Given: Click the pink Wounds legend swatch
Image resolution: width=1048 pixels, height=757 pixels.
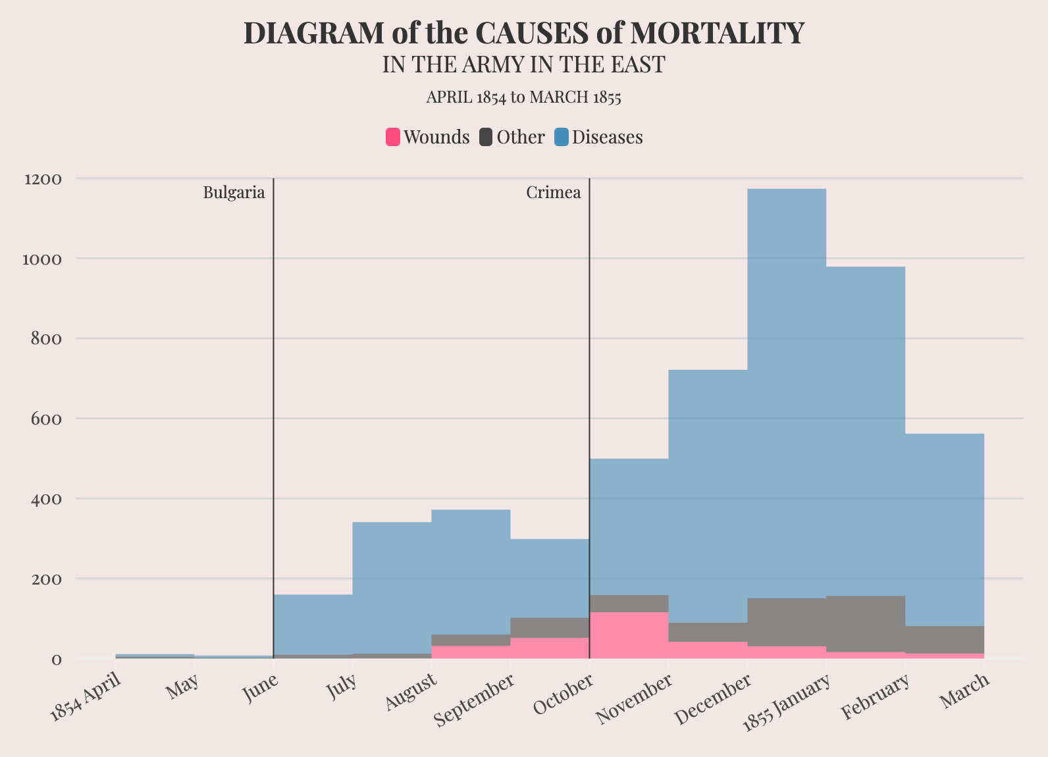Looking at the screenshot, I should point(393,137).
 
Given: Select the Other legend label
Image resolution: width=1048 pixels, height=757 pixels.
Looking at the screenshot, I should point(521,137).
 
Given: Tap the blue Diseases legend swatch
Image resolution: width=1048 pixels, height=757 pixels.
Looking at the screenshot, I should point(562,137).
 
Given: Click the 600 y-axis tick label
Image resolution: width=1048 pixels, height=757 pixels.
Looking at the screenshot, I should point(45,419).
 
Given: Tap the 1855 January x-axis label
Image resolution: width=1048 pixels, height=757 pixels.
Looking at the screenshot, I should point(785,705).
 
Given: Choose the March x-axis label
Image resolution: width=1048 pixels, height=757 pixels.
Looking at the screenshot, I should point(966,691).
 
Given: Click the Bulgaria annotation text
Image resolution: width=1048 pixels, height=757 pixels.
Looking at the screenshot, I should point(234,193).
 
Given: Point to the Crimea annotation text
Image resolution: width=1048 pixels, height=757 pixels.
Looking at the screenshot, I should point(554,193).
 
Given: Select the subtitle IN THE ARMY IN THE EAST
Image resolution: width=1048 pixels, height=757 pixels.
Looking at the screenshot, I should point(524,65).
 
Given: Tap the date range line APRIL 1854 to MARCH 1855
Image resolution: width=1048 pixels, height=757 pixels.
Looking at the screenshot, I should point(524,97).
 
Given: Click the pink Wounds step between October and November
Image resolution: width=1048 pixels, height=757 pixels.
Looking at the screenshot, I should point(629,635).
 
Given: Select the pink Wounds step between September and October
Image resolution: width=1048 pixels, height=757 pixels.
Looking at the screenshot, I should point(550,648).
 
